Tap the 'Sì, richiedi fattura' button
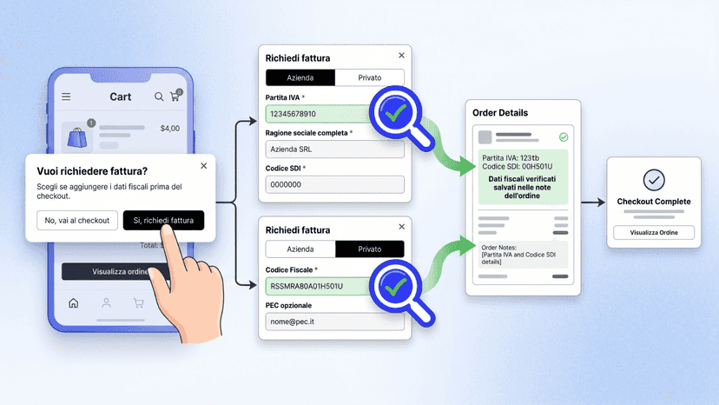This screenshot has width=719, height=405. [x=164, y=221]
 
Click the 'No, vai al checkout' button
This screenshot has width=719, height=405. [x=77, y=221]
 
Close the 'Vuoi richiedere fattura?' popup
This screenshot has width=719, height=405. [x=203, y=166]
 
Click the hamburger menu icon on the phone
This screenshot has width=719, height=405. [x=66, y=96]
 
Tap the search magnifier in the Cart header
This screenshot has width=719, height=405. [x=159, y=96]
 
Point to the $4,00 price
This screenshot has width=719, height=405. [x=169, y=129]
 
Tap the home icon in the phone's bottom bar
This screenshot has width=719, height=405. [x=73, y=303]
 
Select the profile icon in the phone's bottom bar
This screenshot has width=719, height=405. [x=106, y=303]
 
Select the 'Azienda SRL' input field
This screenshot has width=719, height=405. [x=334, y=149]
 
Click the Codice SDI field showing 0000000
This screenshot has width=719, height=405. [x=334, y=184]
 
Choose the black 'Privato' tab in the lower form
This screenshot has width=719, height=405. [x=370, y=249]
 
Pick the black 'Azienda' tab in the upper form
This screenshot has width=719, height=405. [x=300, y=77]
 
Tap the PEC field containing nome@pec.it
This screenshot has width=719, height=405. [x=334, y=322]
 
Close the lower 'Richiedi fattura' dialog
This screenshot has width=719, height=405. [x=402, y=227]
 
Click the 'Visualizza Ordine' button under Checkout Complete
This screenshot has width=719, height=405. [x=654, y=232]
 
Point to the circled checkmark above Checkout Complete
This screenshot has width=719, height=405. [x=654, y=180]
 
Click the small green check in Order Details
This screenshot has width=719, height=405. [x=564, y=136]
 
